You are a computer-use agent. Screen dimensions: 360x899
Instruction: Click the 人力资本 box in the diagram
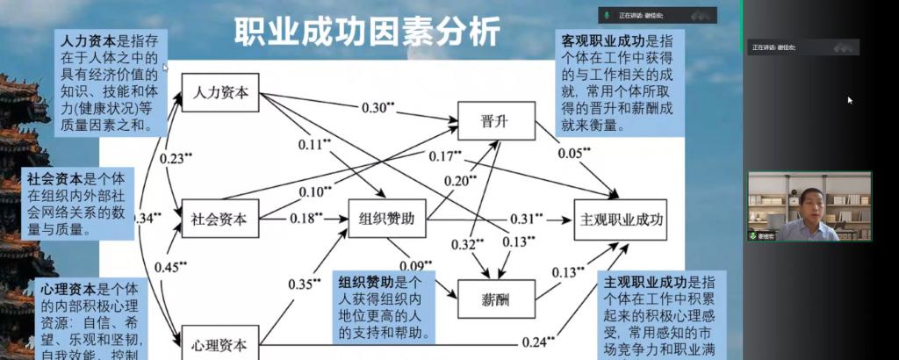[x=219, y=92]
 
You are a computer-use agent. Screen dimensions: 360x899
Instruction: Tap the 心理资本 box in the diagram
[x=219, y=343]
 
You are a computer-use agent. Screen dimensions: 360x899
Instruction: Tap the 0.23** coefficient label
[x=176, y=158]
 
